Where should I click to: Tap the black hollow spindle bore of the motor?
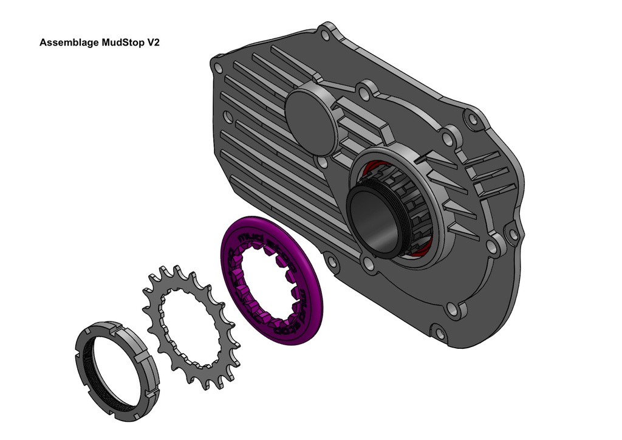pos(375,221)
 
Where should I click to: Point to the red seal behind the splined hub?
pos(425,252)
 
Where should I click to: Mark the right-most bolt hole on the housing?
pos(513,233)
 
